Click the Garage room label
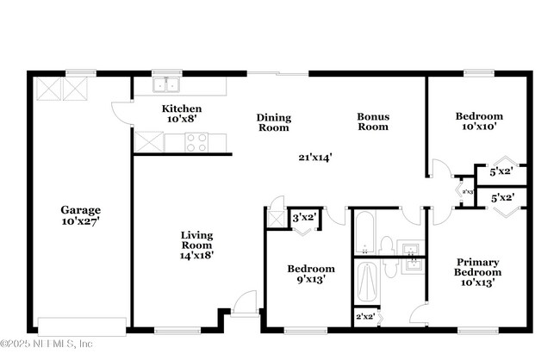click(80, 209)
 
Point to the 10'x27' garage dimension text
click(80, 221)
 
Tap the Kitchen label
click(182, 109)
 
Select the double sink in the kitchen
click(165, 84)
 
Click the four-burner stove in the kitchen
click(196, 142)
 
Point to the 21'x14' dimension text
click(315, 157)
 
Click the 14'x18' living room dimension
click(196, 255)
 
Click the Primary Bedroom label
click(478, 267)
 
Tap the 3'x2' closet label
click(302, 219)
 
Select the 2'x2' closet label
click(365, 317)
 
